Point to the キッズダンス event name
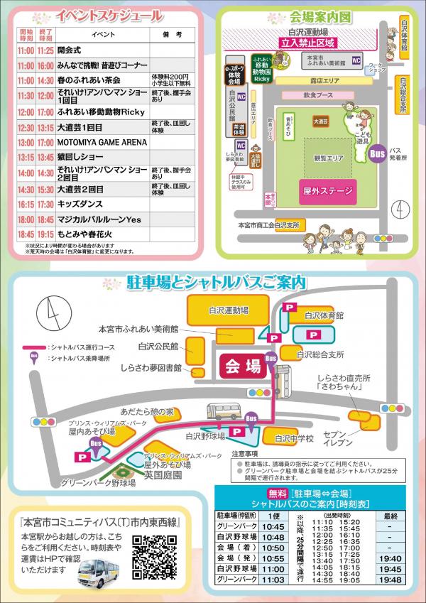click(x=77, y=204)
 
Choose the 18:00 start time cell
click(x=26, y=219)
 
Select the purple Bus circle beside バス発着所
click(x=378, y=153)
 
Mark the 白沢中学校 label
click(x=294, y=438)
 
